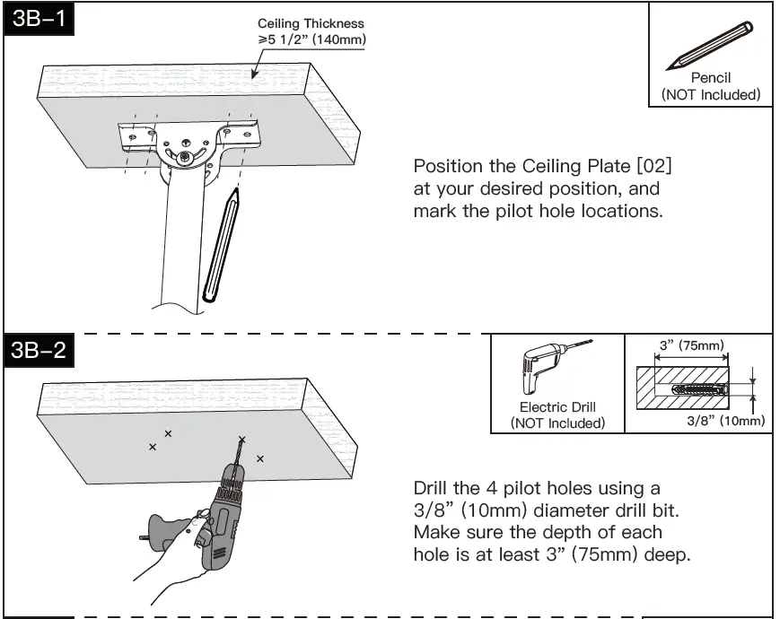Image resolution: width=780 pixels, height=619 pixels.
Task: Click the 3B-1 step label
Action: pyautogui.click(x=38, y=19)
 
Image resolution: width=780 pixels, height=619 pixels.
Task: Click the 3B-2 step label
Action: pyautogui.click(x=38, y=350)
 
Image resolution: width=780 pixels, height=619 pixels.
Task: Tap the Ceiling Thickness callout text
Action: pyautogui.click(x=311, y=31)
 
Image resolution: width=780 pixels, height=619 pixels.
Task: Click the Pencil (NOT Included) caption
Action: pyautogui.click(x=710, y=86)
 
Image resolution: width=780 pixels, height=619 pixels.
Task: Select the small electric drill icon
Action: pyautogui.click(x=544, y=371)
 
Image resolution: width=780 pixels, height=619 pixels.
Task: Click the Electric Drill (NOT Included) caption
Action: pyautogui.click(x=557, y=415)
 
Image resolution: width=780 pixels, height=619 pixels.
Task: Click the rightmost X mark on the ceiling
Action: pyautogui.click(x=260, y=458)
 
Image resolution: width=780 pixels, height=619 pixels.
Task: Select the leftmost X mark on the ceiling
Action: pyautogui.click(x=153, y=446)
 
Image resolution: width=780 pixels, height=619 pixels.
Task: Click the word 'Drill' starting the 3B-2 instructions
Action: pyautogui.click(x=434, y=489)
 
